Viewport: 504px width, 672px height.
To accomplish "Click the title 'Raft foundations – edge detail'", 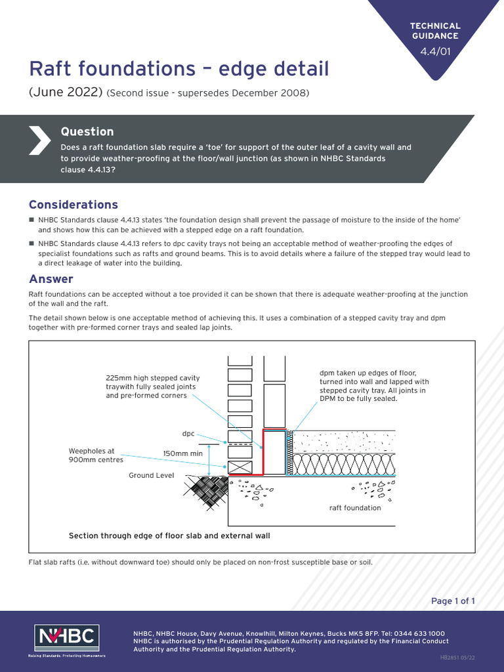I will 178,69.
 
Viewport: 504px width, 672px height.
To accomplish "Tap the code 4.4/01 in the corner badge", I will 435,52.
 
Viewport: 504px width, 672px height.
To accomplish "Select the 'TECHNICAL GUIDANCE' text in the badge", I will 435,31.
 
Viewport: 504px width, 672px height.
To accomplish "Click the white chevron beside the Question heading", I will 40,139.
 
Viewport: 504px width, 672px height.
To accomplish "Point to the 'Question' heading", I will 87,131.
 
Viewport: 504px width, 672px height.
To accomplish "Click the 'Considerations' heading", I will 73,205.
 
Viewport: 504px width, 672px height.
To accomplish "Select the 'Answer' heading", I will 51,279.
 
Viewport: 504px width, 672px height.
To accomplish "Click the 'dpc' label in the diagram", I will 188,434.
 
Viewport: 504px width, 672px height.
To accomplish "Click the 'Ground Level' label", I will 152,475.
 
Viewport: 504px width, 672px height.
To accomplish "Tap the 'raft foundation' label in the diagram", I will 354,508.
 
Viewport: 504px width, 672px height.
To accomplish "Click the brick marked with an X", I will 239,468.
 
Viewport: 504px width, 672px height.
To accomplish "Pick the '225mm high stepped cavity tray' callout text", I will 152,387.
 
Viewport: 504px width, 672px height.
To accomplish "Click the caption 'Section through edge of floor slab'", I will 169,535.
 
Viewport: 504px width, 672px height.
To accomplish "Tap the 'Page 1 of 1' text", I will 453,601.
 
